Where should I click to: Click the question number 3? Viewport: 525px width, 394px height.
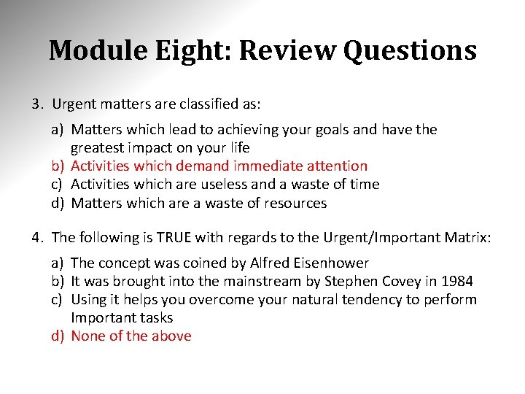click(36, 104)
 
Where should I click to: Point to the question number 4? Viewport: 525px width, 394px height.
click(36, 237)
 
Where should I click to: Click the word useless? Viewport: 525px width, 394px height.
click(223, 185)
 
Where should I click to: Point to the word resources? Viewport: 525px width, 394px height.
click(294, 204)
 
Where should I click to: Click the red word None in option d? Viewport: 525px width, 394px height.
click(87, 336)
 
